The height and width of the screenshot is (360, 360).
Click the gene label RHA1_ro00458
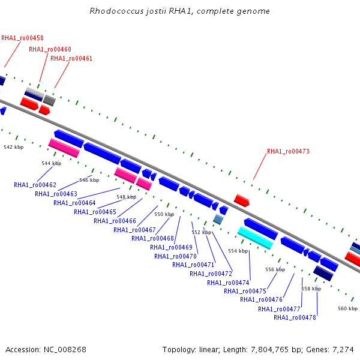[22, 38]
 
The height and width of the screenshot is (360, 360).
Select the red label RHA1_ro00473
[288, 151]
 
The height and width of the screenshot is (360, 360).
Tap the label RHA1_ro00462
[35, 185]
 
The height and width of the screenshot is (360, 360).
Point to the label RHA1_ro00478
[295, 317]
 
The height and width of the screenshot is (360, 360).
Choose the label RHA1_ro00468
[152, 238]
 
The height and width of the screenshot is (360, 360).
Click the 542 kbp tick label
[14, 147]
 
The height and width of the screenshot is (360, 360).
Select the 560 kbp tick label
[347, 308]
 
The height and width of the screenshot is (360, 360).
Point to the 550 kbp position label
[164, 214]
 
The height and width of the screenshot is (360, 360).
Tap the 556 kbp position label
[275, 269]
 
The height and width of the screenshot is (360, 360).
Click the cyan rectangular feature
[256, 238]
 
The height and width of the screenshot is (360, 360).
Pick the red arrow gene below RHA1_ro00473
[242, 200]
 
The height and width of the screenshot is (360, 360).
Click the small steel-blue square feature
[218, 220]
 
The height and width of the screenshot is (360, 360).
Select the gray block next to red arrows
[49, 100]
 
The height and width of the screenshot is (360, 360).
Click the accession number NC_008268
[65, 350]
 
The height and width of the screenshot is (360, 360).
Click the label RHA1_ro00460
[50, 49]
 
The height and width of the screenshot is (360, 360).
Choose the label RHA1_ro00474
[228, 283]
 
